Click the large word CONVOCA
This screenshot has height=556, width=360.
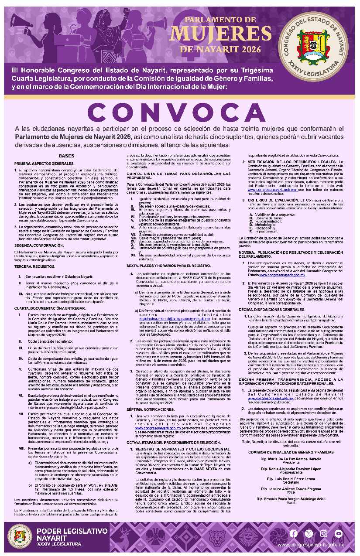click(179, 113)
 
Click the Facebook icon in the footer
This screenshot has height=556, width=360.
click(294, 533)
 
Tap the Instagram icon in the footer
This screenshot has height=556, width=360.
click(323, 533)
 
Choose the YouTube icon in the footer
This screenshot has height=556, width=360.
click(338, 533)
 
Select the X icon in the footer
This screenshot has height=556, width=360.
click(309, 533)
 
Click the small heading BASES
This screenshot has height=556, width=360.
click(66, 156)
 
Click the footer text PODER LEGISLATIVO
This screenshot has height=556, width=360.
click(72, 531)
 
